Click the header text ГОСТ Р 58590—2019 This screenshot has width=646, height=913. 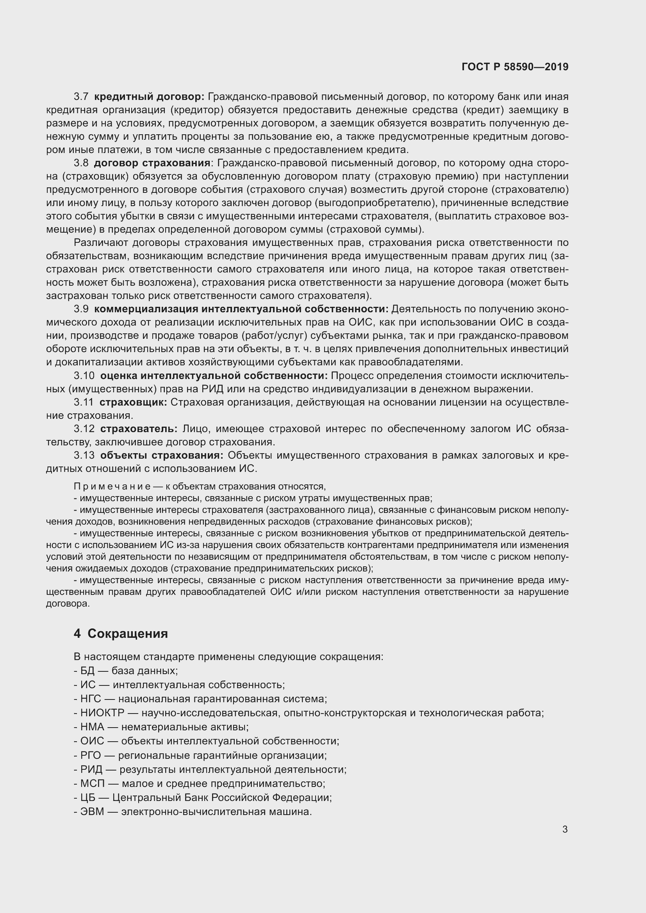(515, 67)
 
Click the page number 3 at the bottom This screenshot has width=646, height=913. (565, 829)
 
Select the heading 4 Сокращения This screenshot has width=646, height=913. (121, 634)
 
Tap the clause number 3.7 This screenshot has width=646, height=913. (81, 97)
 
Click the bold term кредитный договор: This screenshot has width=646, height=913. (149, 97)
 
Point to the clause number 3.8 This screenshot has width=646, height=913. (81, 163)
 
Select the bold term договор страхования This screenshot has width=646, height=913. (152, 163)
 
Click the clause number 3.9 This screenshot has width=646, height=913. (81, 309)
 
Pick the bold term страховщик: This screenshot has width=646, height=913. (133, 402)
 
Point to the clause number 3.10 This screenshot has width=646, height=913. (84, 376)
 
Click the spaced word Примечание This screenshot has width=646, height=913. (112, 486)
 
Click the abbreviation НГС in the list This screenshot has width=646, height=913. (91, 699)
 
